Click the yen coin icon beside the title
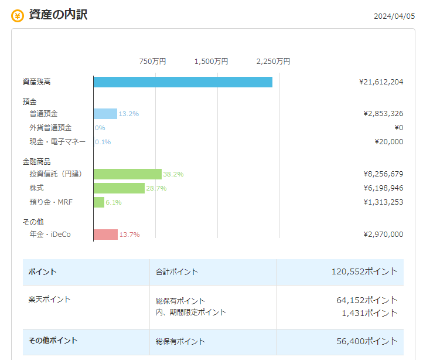(x=18, y=16)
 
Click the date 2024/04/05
(x=394, y=16)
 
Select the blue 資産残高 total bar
(x=183, y=82)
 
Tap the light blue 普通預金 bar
(x=105, y=114)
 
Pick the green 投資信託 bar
(x=128, y=174)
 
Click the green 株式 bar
(x=119, y=188)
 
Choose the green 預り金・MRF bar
(x=99, y=202)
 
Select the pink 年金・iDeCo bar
(x=105, y=235)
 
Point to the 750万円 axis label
(x=152, y=62)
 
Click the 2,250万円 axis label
(x=273, y=62)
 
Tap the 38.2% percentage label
(x=173, y=174)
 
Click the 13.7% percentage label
(x=129, y=235)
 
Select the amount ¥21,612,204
(x=381, y=82)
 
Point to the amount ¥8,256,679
(x=383, y=174)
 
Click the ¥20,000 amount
(x=389, y=142)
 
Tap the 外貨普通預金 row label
(x=50, y=128)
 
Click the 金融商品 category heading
(x=37, y=162)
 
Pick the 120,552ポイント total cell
(x=365, y=271)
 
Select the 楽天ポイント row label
(x=49, y=299)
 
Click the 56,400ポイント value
(x=367, y=341)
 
